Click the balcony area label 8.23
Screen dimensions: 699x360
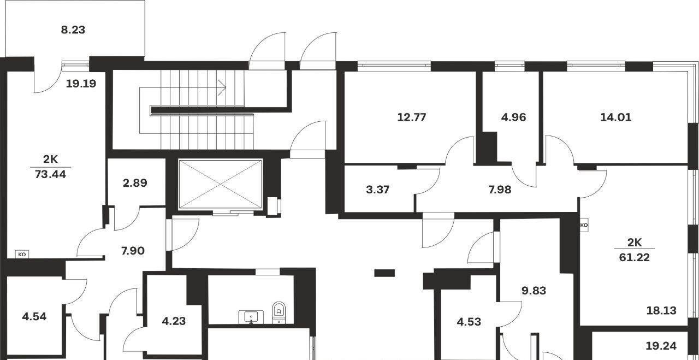73,30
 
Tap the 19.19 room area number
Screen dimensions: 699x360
81,84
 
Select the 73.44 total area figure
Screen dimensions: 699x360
50,174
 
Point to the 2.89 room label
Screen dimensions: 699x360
135,183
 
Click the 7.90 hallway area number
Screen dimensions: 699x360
133,251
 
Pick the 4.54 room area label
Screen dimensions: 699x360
34,317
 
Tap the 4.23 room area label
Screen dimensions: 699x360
174,321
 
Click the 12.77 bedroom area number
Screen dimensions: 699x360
412,117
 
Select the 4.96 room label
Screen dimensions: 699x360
514,117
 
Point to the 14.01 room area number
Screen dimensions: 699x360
616,117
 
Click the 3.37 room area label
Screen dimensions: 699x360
377,190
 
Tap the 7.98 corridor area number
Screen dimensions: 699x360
500,190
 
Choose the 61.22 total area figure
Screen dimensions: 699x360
635,257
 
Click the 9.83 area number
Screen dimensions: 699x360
534,291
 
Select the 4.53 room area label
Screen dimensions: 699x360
469,322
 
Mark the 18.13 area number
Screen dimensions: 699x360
661,311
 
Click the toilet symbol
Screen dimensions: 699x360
279,312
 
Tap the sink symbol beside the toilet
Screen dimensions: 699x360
251,317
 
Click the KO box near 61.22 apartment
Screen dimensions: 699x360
584,225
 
